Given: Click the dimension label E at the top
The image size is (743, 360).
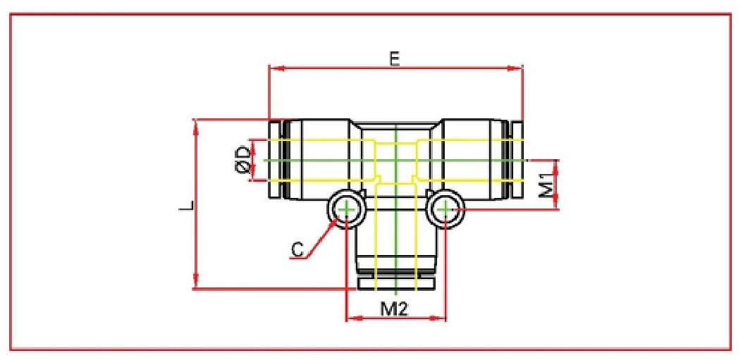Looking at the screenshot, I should [x=395, y=59].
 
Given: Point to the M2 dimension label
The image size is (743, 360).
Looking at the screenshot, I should [x=395, y=308].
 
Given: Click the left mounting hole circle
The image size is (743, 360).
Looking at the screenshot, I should [x=346, y=209].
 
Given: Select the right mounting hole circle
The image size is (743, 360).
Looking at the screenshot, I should [x=446, y=209].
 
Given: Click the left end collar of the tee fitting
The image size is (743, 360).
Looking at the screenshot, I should [x=276, y=161].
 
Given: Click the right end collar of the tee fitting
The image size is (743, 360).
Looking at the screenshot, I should [x=516, y=161].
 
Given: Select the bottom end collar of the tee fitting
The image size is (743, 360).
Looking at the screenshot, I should [x=396, y=284].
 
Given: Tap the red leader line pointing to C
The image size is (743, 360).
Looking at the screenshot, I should [x=321, y=240].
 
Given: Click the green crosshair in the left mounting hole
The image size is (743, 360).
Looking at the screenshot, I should [x=346, y=209].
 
